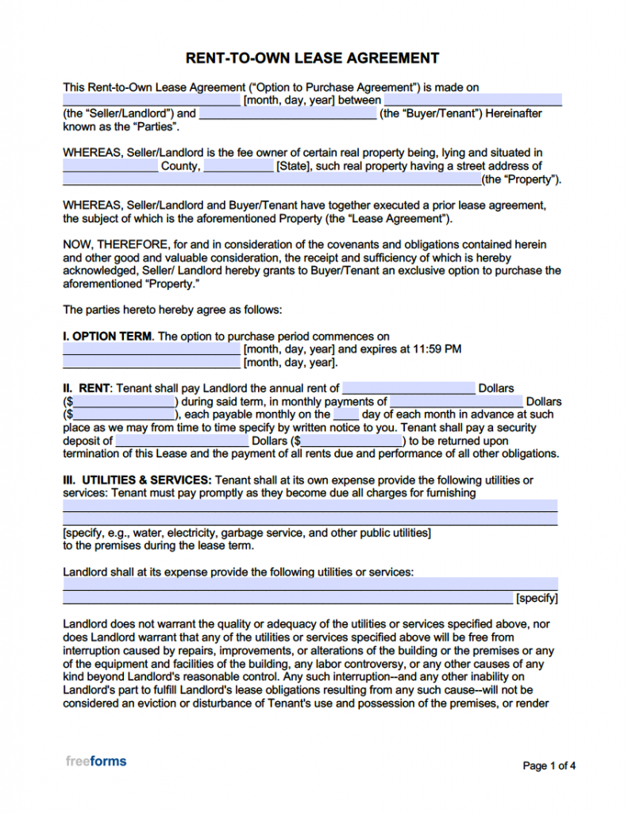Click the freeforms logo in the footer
pos(95,761)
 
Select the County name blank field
pos(110,167)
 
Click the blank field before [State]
pos(238,167)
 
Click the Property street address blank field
pos(272,180)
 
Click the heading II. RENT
pos(87,388)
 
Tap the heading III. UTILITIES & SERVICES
pos(137,480)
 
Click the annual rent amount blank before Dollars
pos(408,388)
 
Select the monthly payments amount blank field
pos(457,402)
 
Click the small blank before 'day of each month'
pos(345,414)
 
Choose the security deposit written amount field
pos(182,441)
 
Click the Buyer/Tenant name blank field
pos(287,114)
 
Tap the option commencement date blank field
pos(151,349)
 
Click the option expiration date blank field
pos(151,363)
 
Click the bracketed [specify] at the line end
pos(537,598)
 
